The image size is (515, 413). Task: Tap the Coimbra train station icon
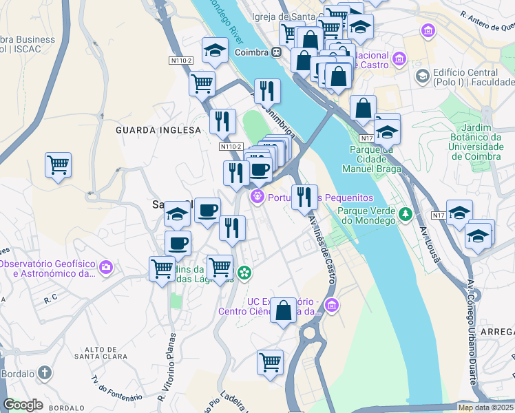275,52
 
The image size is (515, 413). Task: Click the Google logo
23,405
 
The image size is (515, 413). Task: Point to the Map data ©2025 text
485,407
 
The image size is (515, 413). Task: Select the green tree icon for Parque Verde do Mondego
406,215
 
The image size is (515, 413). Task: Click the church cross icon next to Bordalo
45,373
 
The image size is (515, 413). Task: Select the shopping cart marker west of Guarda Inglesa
58,165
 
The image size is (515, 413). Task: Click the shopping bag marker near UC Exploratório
283,310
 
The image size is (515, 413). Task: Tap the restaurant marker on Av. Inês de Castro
304,197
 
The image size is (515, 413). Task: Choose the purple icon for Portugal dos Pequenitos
257,197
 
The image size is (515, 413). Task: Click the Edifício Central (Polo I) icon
422,76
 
